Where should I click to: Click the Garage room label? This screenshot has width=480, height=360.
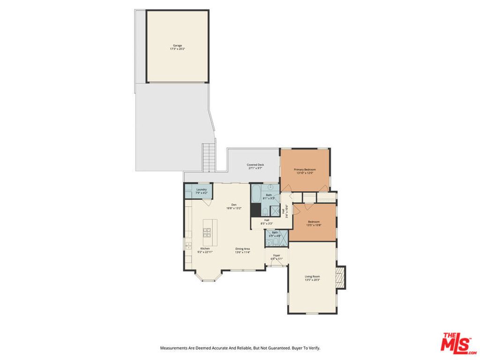tap(177, 45)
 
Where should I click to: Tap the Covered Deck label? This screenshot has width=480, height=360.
tap(255, 165)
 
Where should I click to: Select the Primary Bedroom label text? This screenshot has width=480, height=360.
tap(305, 169)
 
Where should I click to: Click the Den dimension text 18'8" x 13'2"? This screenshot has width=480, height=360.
tap(233, 208)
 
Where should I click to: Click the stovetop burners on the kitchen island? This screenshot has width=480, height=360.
tap(207, 231)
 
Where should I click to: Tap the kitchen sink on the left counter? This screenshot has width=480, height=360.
tap(188, 245)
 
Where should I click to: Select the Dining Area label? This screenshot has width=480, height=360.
tap(242, 248)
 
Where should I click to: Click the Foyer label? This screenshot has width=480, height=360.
tap(277, 255)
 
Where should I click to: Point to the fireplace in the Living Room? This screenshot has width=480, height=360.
tap(341, 277)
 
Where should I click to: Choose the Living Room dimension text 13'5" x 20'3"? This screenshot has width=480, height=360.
tap(312, 280)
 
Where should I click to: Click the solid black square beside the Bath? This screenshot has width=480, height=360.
tap(255, 210)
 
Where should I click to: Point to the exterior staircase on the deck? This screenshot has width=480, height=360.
tap(208, 157)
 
